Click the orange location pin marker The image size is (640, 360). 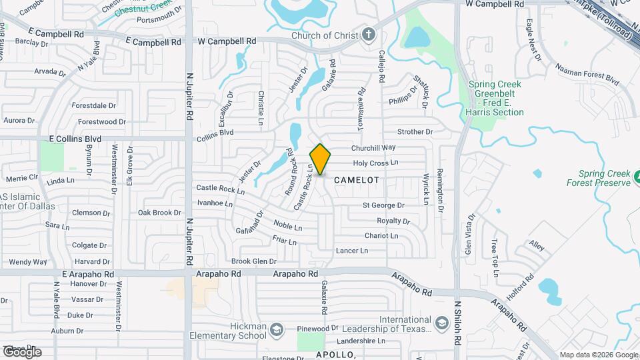point(320,159)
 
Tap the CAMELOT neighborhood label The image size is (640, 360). point(356,180)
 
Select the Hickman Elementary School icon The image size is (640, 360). point(275,329)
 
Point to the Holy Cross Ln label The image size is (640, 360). point(375,162)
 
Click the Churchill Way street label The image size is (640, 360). point(373,147)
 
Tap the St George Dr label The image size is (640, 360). point(383,205)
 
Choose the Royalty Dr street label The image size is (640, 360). point(393,221)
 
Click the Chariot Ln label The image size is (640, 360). point(381,235)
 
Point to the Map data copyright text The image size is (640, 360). point(598,355)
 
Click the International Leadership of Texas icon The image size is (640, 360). point(441,324)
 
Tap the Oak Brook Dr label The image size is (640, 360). point(159,213)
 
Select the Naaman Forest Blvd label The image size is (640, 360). point(587,75)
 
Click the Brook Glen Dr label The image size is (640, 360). point(253,261)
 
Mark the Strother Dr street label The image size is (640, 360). point(415,132)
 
